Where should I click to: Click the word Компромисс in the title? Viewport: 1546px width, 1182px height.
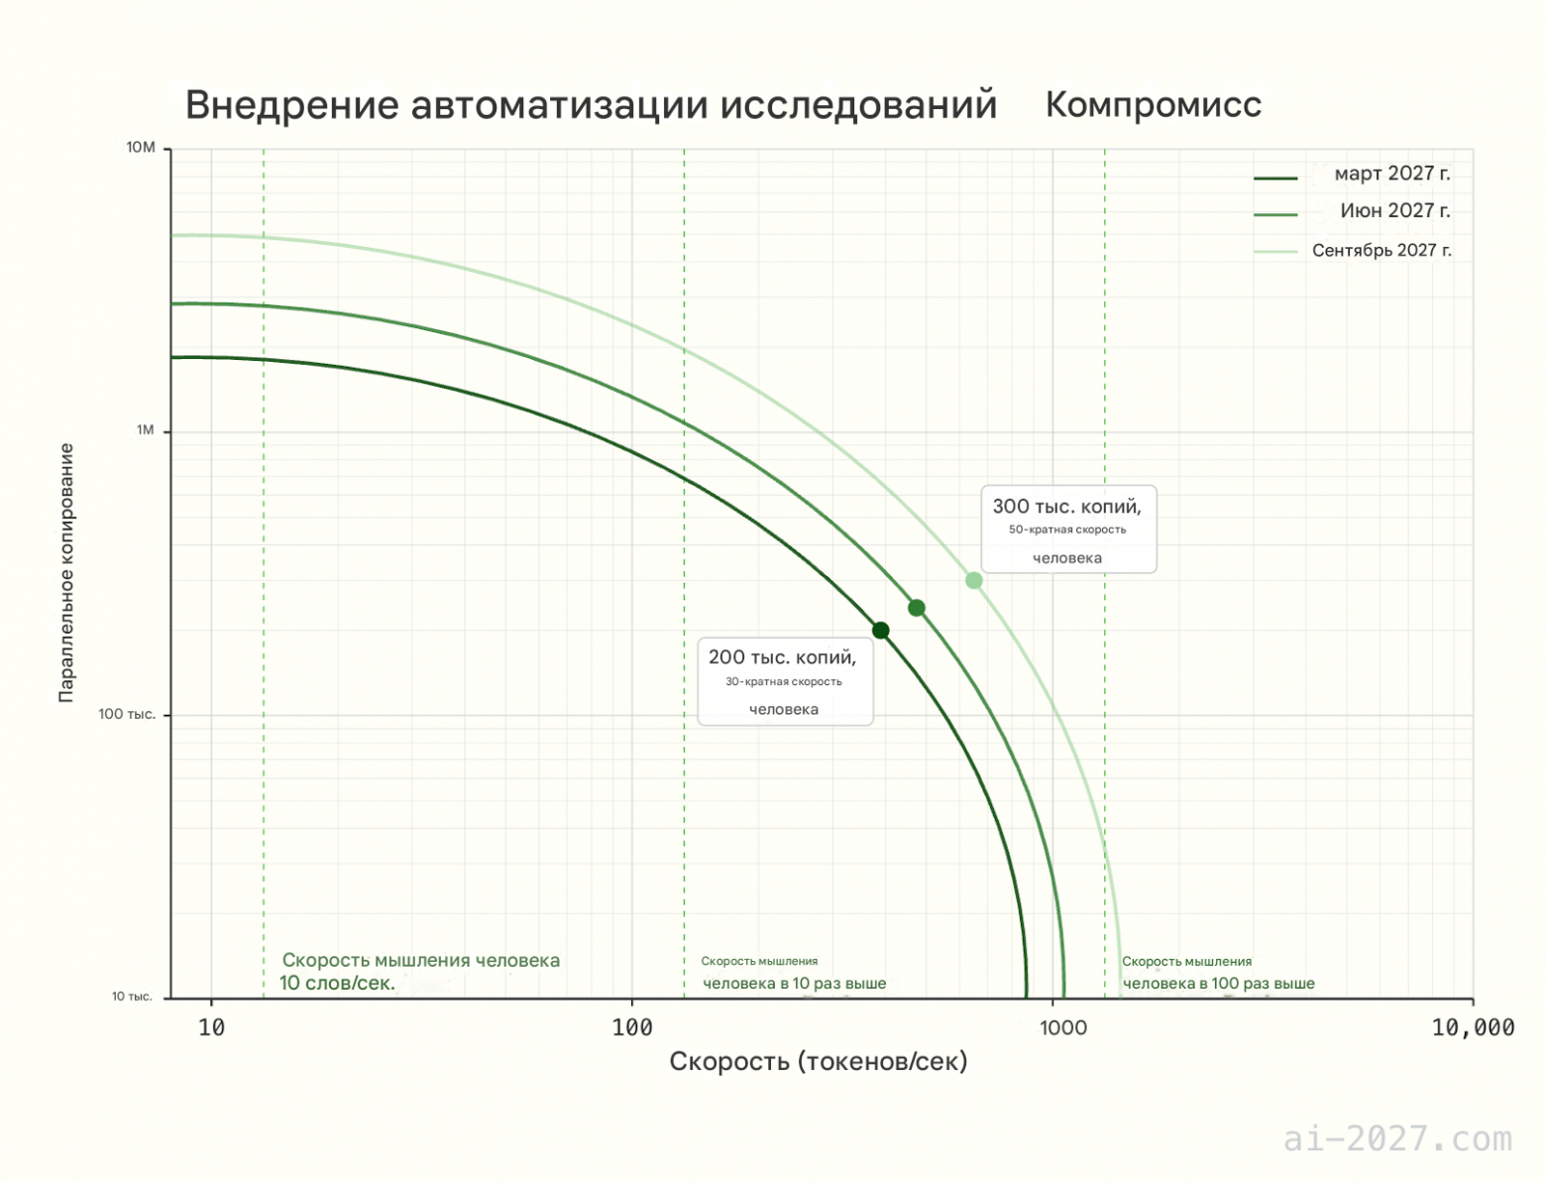tap(1153, 104)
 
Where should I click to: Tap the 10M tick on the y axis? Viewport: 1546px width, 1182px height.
tap(141, 148)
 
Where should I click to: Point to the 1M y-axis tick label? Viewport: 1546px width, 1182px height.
tap(145, 430)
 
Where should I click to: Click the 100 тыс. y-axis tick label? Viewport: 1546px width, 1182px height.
tap(127, 714)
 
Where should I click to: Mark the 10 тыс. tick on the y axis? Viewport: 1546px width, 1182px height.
tap(132, 997)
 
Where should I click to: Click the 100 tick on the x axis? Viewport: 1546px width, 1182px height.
tap(632, 1027)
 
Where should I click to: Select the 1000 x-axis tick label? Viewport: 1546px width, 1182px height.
tap(1062, 1027)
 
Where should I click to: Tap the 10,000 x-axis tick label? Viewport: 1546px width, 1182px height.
tap(1473, 1027)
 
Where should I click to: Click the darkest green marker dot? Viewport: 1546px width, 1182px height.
tap(880, 631)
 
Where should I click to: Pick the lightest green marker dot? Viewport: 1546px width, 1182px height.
tap(974, 580)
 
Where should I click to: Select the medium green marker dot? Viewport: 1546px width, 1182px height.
tap(917, 608)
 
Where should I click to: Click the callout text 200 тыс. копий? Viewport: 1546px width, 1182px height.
tap(782, 657)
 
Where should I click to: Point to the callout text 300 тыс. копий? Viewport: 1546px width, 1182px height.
tap(1066, 507)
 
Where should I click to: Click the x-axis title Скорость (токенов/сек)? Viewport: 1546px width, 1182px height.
tap(818, 1062)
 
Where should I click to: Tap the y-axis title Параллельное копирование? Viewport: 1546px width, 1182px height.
tap(66, 573)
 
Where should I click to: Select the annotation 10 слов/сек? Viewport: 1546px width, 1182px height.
tap(337, 983)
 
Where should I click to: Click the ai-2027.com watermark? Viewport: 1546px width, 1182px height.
tap(1397, 1138)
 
